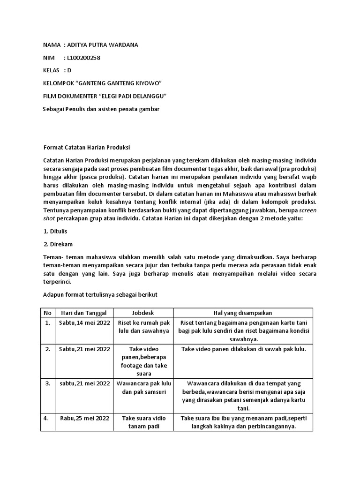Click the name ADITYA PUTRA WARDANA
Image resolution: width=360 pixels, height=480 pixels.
coord(103,45)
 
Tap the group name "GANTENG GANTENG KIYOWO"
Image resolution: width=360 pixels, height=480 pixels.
coord(119,83)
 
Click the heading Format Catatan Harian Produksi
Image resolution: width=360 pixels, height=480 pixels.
coord(86,147)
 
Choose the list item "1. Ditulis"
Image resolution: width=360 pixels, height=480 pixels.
coord(55,231)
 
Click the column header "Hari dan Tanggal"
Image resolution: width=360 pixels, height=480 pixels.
coord(84,313)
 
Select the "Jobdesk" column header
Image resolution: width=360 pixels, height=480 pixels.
coord(143,313)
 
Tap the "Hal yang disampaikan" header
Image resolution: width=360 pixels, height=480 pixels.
coord(243,313)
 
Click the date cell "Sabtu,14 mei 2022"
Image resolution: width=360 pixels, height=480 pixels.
coord(84,322)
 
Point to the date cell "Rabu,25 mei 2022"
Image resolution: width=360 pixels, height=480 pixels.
coord(84,418)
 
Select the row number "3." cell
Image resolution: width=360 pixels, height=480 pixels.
coord(47,383)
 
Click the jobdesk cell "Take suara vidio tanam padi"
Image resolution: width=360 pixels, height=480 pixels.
coord(143,422)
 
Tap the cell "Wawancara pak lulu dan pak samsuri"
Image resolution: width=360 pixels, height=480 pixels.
coord(143,388)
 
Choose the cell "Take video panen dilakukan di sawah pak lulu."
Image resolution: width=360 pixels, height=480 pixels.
coord(243,349)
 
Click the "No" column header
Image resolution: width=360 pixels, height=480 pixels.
coord(47,313)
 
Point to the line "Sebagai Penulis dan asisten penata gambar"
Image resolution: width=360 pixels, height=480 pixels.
coord(101,109)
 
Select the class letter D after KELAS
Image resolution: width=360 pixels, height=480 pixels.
coord(69,70)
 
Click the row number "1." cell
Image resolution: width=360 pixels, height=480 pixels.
coord(47,322)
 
